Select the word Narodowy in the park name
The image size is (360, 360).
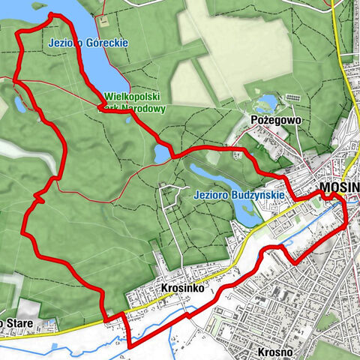[143, 108]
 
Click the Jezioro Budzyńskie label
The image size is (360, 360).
[238, 194]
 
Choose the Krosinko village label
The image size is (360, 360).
[178, 287]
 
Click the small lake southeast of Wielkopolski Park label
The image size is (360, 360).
[161, 154]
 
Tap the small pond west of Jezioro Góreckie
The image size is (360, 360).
[20, 104]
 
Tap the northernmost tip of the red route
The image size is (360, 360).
[51, 14]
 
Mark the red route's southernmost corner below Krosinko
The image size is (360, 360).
[130, 347]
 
